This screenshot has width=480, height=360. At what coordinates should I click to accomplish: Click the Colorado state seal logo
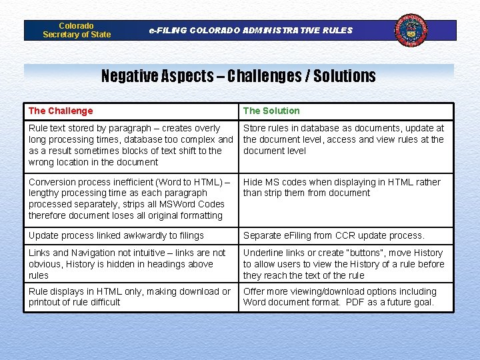(x=411, y=30)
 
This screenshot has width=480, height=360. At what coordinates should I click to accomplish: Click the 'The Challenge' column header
(x=61, y=111)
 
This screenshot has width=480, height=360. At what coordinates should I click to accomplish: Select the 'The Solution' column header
(x=271, y=111)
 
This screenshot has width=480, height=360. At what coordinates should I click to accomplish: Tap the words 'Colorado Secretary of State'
(x=77, y=30)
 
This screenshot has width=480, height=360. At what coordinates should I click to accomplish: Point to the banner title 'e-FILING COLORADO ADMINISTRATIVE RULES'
(x=251, y=30)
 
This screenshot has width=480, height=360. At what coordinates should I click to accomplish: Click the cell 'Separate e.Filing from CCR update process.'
(x=333, y=235)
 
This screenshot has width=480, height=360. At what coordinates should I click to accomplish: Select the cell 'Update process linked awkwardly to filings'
(x=116, y=235)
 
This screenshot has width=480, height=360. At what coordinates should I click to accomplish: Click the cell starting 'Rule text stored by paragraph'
(x=131, y=145)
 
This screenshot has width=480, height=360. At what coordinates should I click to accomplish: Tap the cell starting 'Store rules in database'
(x=343, y=139)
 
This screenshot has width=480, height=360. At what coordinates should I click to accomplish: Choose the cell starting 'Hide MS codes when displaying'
(x=341, y=187)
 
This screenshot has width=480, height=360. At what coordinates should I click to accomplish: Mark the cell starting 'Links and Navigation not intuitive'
(x=127, y=264)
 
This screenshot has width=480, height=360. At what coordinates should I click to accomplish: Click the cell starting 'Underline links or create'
(x=343, y=264)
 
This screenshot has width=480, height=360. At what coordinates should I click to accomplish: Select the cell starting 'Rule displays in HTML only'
(x=129, y=297)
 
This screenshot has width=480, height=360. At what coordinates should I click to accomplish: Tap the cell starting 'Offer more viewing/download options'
(x=340, y=297)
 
